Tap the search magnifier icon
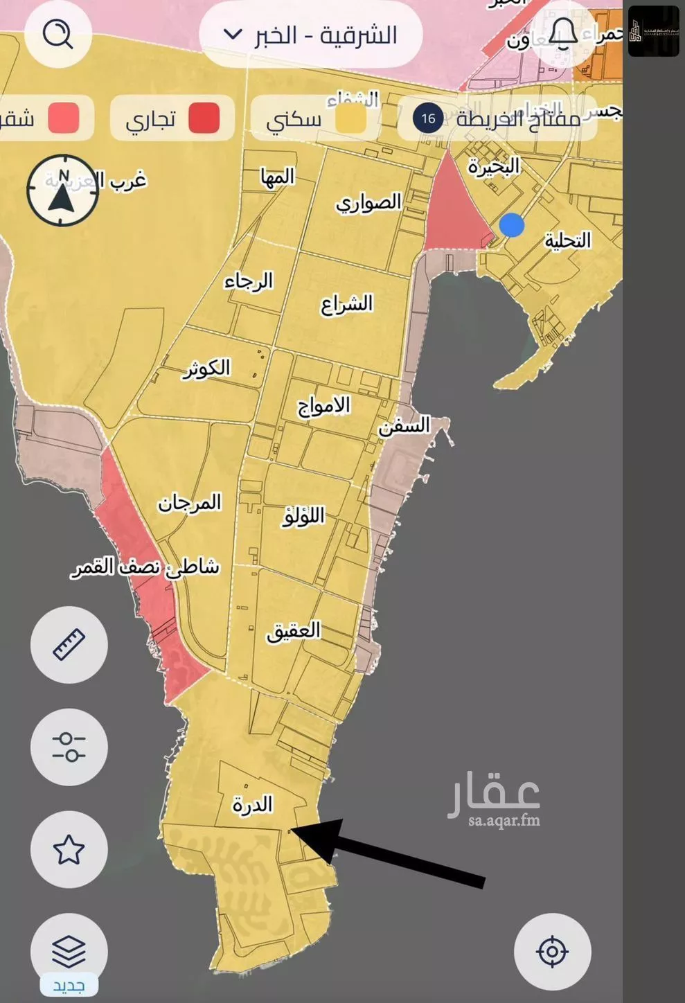[58, 33]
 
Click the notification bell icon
[562, 33]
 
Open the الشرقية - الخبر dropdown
[311, 35]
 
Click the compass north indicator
[62, 190]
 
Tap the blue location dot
[512, 225]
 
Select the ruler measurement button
[69, 645]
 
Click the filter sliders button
[69, 747]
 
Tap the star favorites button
[69, 849]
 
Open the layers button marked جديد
[69, 952]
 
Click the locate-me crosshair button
[552, 951]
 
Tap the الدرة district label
[253, 804]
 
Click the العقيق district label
[294, 630]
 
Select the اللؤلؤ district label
[303, 516]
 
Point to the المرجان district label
[189, 502]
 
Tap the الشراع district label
[346, 303]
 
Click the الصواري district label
[368, 202]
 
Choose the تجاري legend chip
[172, 118]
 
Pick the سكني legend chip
[314, 118]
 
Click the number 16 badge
[428, 118]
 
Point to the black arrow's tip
[292, 829]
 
